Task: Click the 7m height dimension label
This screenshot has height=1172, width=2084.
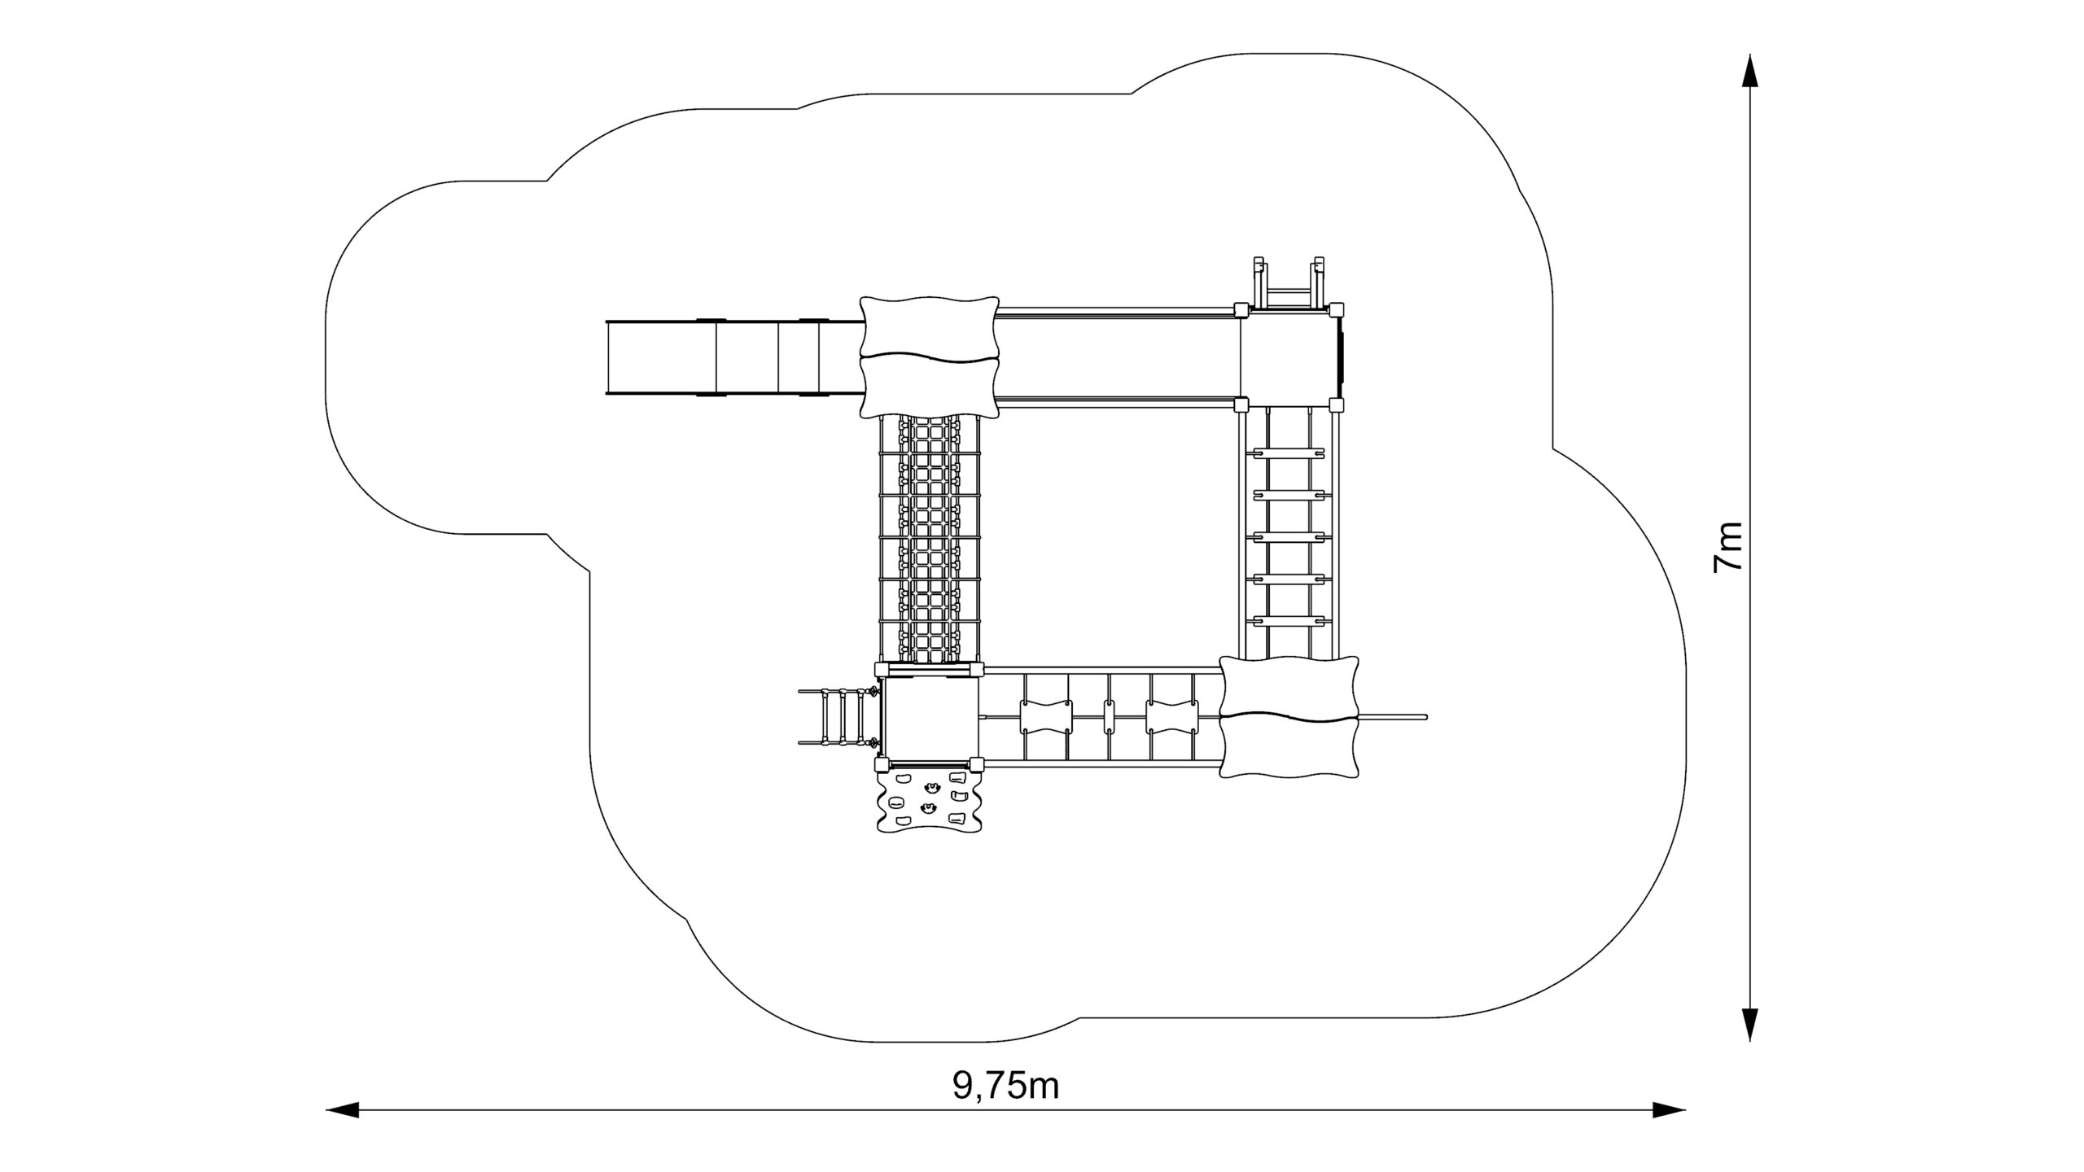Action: pyautogui.click(x=1727, y=546)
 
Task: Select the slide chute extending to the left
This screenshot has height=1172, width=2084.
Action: pyautogui.click(x=734, y=358)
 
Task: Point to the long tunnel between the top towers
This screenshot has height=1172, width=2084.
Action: pyautogui.click(x=1119, y=356)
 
